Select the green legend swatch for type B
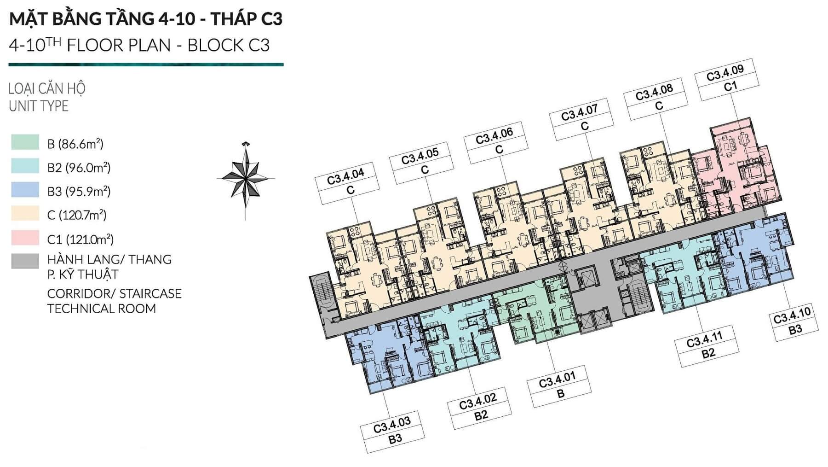[x=25, y=142]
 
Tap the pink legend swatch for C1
[x=25, y=238]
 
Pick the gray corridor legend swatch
[x=25, y=261]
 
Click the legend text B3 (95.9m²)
[x=79, y=191]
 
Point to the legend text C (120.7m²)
[x=77, y=215]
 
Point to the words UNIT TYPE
[x=39, y=106]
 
